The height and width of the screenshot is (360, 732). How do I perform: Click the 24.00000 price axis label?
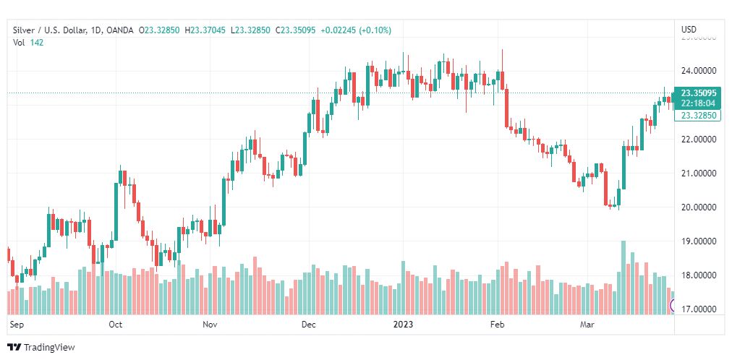pyautogui.click(x=698, y=71)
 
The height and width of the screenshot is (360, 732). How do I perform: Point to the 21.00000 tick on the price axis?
pyautogui.click(x=698, y=173)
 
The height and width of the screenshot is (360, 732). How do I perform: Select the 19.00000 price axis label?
pyautogui.click(x=698, y=241)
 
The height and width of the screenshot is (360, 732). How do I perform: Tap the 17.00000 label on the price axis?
pyautogui.click(x=698, y=309)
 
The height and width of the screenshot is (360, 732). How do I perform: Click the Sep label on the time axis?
pyautogui.click(x=17, y=325)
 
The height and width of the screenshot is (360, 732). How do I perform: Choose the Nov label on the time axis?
pyautogui.click(x=210, y=325)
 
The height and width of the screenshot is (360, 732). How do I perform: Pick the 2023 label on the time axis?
pyautogui.click(x=404, y=325)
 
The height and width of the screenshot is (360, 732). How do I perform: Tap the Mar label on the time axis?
pyautogui.click(x=587, y=325)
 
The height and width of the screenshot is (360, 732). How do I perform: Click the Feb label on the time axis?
pyautogui.click(x=497, y=325)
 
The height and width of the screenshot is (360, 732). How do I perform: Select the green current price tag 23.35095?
pyautogui.click(x=698, y=93)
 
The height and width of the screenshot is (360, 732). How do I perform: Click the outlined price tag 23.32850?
pyautogui.click(x=698, y=116)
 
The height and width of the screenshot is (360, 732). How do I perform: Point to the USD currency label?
pyautogui.click(x=689, y=30)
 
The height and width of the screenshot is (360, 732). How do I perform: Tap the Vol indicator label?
pyautogui.click(x=20, y=42)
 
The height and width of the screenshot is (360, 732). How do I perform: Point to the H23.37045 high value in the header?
pyautogui.click(x=205, y=30)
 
